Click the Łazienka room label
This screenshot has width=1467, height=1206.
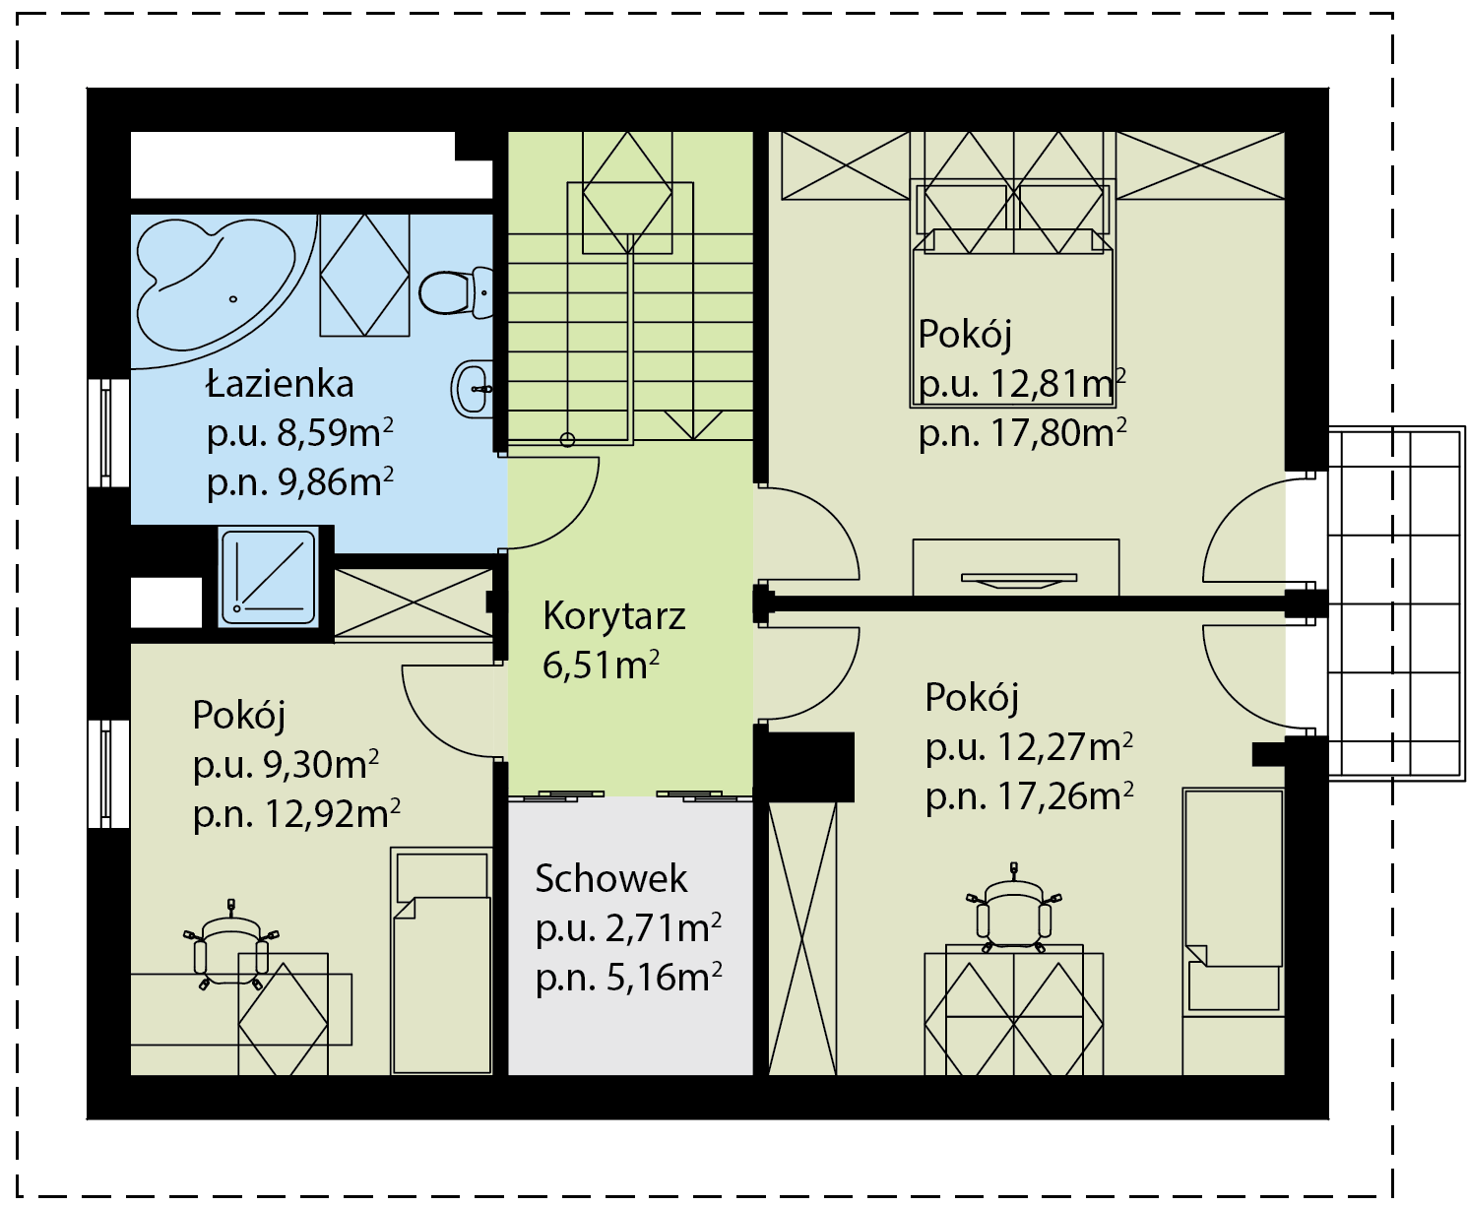pos(280,385)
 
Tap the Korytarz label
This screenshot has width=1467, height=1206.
pos(613,617)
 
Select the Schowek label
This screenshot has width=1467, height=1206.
pos(610,878)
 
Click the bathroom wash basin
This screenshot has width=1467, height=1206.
pos(473,389)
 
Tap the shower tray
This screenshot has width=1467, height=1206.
pos(269,577)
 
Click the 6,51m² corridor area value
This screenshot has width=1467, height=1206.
pos(601,666)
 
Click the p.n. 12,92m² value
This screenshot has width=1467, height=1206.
pos(296,814)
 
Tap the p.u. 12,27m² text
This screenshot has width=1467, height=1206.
pos(1029,748)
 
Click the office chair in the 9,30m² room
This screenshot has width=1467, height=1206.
pos(231,944)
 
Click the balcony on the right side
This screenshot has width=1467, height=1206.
pos(1396,603)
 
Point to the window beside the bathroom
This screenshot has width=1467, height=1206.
pos(108,432)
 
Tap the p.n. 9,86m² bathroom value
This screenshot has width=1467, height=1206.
pos(299,483)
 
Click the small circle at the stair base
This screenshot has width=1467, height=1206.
pos(568,439)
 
